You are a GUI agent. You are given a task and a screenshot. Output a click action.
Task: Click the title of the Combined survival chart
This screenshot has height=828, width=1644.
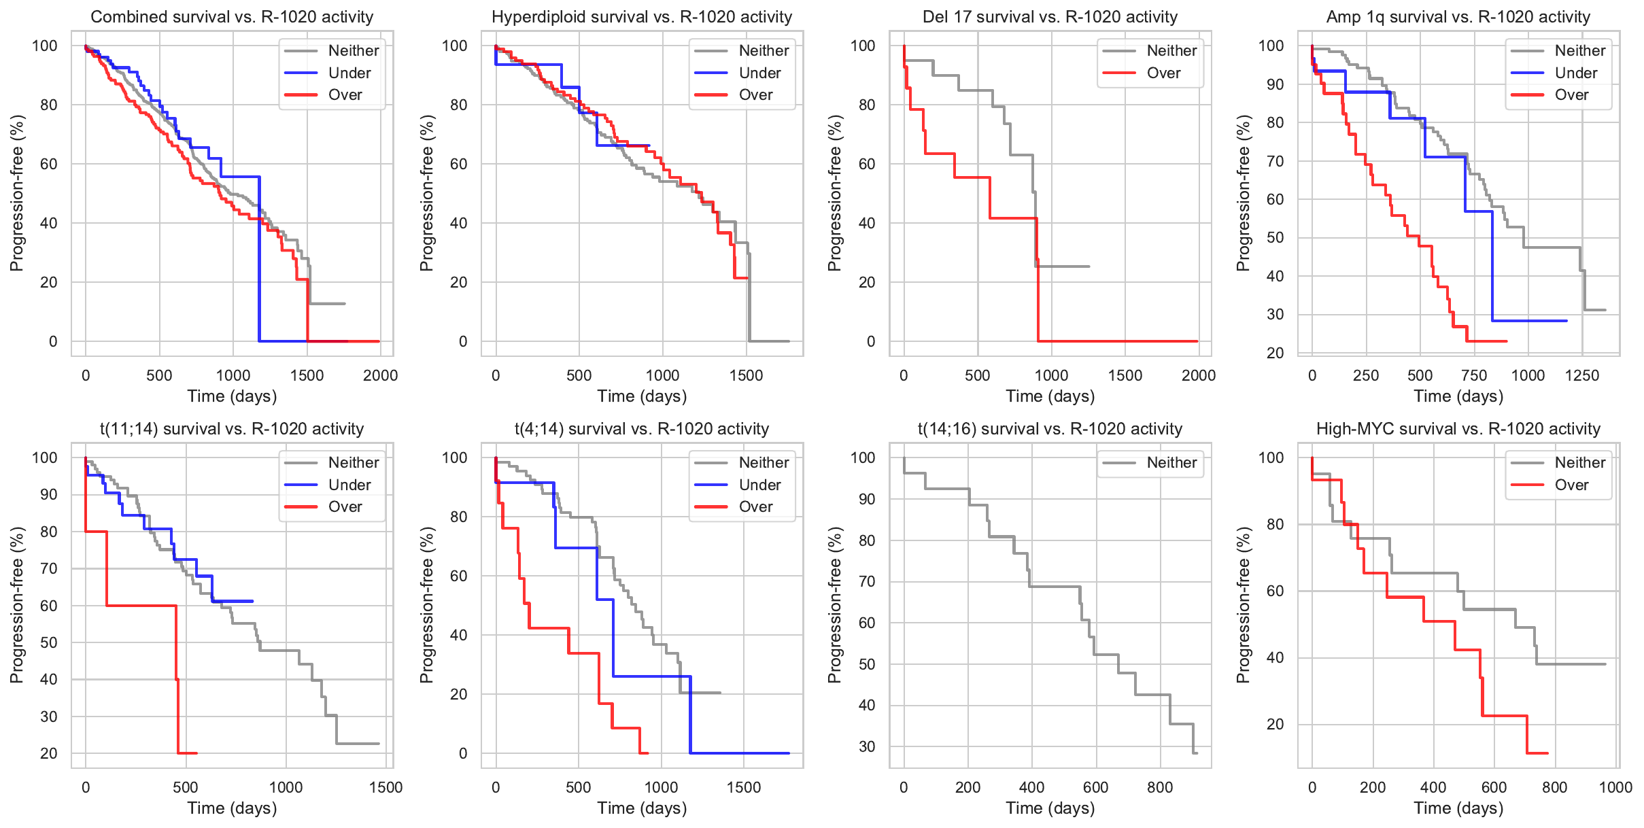[x=232, y=17]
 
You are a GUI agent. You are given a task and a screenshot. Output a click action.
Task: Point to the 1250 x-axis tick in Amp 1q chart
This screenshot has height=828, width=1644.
[x=1581, y=375]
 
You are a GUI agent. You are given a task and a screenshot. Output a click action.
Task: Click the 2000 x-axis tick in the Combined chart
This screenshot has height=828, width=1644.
[x=380, y=375]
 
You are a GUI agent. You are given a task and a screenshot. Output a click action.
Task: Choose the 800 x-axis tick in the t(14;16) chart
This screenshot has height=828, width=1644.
[x=1159, y=787]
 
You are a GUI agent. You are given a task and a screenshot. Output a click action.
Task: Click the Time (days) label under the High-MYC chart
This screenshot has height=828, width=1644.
[x=1458, y=808]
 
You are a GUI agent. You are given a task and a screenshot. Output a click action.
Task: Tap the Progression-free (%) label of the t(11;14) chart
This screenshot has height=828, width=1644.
[x=17, y=605]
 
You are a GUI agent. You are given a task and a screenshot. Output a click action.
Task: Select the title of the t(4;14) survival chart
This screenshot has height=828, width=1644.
[x=641, y=429]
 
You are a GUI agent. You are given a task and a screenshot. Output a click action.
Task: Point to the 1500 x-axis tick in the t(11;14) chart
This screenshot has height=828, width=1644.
[x=386, y=787]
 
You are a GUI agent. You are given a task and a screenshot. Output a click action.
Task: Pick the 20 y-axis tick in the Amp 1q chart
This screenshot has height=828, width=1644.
[x=1275, y=353]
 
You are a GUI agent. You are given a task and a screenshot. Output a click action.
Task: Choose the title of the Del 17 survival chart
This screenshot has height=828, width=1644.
[x=1050, y=17]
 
